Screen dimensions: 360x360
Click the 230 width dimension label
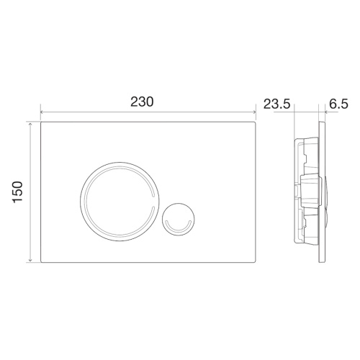(x=142, y=102)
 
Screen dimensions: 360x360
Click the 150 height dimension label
(x=18, y=192)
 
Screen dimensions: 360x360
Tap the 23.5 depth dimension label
(x=277, y=104)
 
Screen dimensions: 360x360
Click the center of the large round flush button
(x=120, y=202)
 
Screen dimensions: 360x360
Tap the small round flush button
(x=179, y=219)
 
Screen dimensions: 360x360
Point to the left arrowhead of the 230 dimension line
(x=42, y=112)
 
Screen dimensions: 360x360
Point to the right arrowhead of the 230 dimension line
(x=254, y=112)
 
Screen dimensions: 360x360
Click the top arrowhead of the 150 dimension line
(x=30, y=124)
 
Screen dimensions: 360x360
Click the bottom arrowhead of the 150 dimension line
(x=30, y=260)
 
